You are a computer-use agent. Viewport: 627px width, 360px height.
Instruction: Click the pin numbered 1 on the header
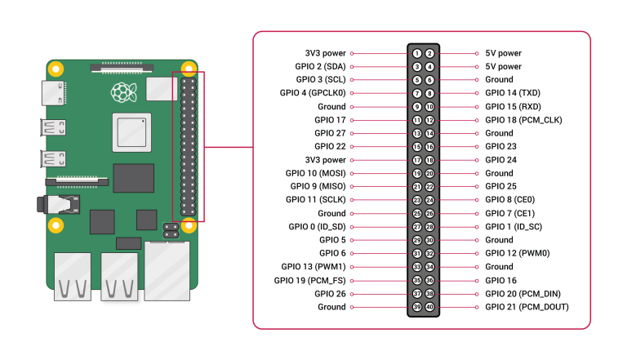(x=417, y=53)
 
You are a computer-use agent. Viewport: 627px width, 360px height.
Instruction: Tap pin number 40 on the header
(x=429, y=307)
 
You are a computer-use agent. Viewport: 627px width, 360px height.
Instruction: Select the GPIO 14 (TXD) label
(x=513, y=93)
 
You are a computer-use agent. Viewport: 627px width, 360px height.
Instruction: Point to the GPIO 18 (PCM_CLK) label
(x=523, y=120)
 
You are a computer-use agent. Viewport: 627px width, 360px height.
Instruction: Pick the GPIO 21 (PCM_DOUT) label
(x=527, y=307)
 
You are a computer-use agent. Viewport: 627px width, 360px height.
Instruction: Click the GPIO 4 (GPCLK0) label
(x=312, y=93)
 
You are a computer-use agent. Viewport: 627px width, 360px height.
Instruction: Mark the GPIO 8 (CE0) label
(x=509, y=200)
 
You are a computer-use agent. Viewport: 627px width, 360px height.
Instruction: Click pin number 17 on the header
(x=417, y=160)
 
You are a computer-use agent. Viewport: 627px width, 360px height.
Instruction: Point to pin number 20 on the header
(x=429, y=173)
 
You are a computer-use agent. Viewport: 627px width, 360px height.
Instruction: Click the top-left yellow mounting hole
(x=56, y=69)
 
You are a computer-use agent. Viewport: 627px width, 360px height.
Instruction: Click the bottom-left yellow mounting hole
(x=56, y=225)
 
